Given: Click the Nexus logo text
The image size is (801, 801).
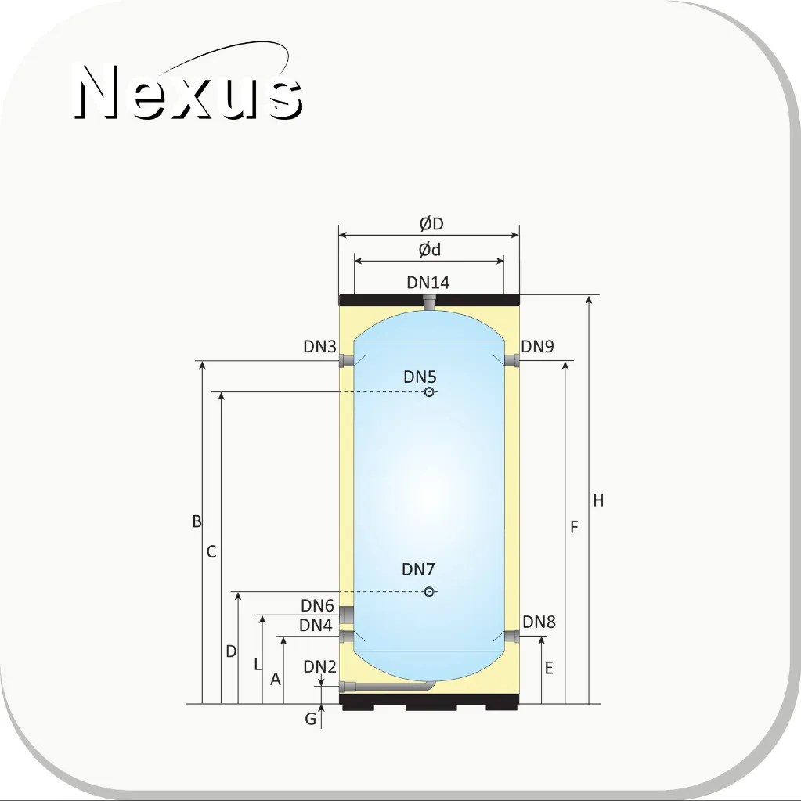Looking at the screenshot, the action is click(x=189, y=92).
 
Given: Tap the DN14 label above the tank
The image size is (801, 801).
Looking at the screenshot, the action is click(x=428, y=283).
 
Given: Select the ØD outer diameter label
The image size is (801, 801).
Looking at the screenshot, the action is click(x=431, y=224).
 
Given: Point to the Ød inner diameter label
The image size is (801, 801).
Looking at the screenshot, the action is click(x=430, y=250).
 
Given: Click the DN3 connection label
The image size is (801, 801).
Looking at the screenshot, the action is click(x=319, y=346).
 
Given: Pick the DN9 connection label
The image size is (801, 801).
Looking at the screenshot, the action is click(x=537, y=346).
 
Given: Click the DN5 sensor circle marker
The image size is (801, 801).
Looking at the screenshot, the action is click(x=429, y=392).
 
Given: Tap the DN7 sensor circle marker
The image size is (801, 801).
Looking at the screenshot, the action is click(x=429, y=592).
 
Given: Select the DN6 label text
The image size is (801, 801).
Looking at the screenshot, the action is click(x=317, y=605).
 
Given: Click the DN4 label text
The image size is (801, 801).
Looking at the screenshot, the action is click(x=316, y=625).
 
